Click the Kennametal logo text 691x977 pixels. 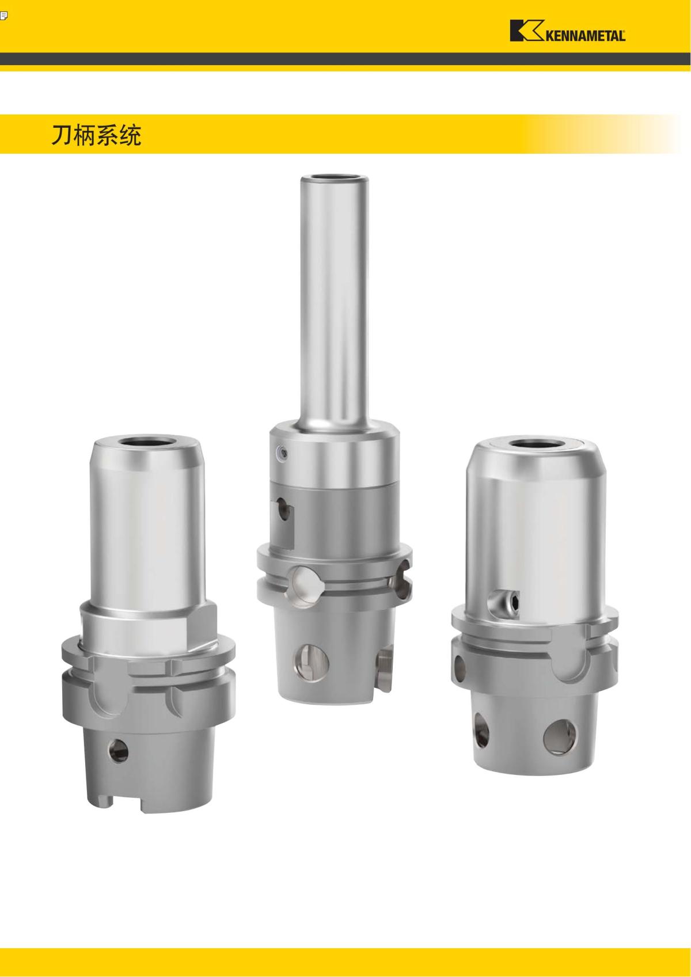pyautogui.click(x=585, y=36)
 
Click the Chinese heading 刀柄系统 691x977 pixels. pyautogui.click(x=96, y=135)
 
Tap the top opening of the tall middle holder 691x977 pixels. pyautogui.click(x=334, y=177)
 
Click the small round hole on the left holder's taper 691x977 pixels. pyautogui.click(x=119, y=751)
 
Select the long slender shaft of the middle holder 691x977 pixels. pyautogui.click(x=334, y=301)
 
